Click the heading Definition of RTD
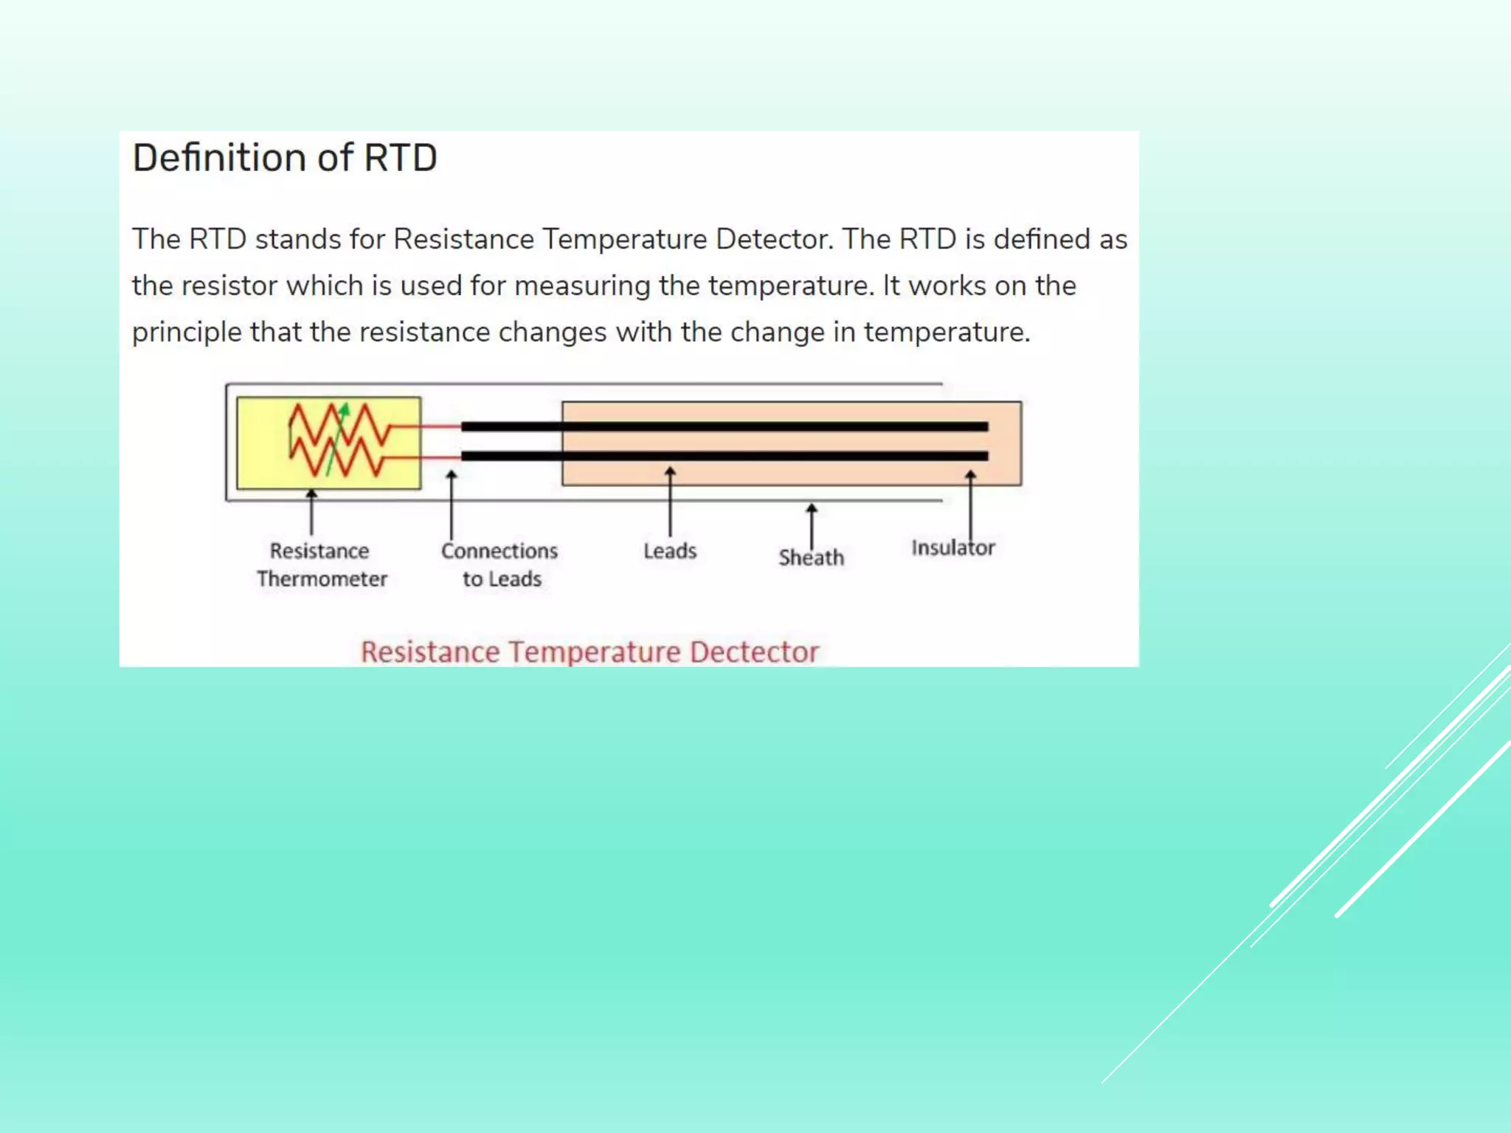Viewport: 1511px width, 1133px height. (285, 158)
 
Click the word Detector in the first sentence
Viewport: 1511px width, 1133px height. (774, 240)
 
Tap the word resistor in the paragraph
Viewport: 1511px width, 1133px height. (229, 286)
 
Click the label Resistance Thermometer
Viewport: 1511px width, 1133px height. (321, 565)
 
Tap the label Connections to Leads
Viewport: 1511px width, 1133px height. (500, 565)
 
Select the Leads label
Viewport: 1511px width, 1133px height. (670, 551)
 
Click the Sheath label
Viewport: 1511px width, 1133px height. (811, 558)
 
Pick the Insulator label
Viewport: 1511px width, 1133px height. (952, 548)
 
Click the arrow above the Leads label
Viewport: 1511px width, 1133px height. (670, 502)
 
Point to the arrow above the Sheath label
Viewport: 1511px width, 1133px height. (812, 525)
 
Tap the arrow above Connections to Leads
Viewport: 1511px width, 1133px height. (452, 505)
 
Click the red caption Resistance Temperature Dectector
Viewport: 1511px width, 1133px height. (589, 652)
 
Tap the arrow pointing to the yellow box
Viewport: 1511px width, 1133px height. (311, 512)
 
